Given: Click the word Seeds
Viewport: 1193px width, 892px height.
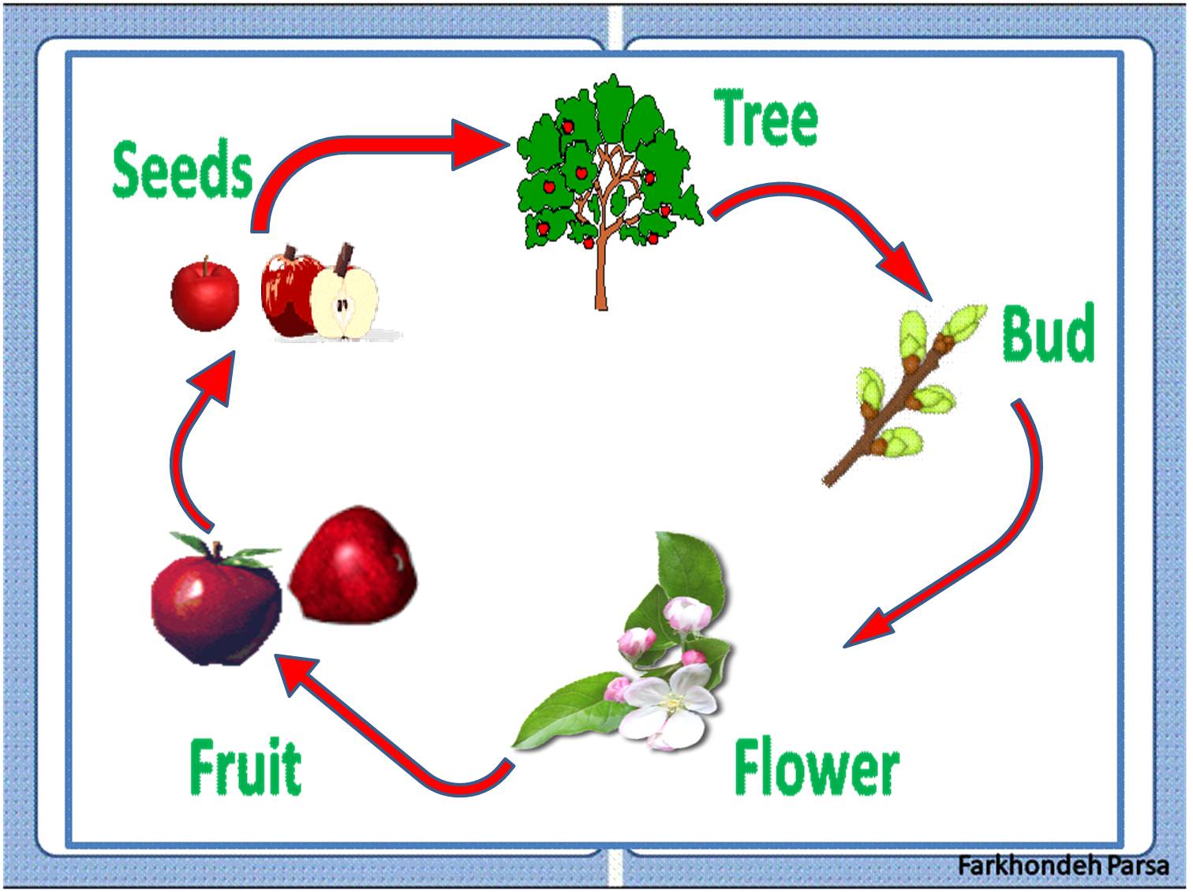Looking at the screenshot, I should (182, 169).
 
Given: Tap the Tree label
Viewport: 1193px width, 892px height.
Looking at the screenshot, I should (766, 118).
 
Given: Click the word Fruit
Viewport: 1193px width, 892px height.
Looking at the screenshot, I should (245, 767).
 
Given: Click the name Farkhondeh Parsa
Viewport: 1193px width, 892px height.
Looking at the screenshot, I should (1062, 864).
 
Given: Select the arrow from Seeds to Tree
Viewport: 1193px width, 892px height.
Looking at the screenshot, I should (355, 150).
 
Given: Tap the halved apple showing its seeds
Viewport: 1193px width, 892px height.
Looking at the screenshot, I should (344, 304).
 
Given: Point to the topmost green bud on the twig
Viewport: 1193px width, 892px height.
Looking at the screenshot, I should (964, 321).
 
